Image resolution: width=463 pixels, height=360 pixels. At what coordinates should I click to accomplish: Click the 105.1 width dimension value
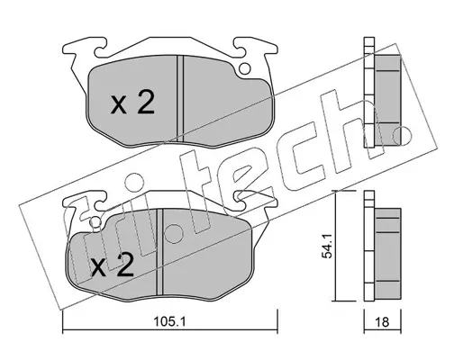pyautogui.click(x=169, y=322)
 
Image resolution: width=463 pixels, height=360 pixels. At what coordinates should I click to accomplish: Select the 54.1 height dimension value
pyautogui.click(x=327, y=247)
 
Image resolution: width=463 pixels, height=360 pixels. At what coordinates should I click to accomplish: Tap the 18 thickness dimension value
pyautogui.click(x=382, y=322)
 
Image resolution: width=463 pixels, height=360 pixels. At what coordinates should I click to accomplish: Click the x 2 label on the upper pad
pyautogui.click(x=132, y=103)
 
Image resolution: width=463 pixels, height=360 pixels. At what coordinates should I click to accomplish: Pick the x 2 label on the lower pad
pyautogui.click(x=113, y=265)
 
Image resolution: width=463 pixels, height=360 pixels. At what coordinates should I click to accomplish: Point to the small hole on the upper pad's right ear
pyautogui.click(x=245, y=69)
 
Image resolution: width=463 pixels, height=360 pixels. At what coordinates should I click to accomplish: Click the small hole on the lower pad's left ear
pyautogui.click(x=95, y=221)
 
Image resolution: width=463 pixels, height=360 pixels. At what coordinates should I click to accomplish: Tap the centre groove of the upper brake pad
pyautogui.click(x=180, y=98)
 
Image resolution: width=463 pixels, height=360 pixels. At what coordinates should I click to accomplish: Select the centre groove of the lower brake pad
pyautogui.click(x=159, y=252)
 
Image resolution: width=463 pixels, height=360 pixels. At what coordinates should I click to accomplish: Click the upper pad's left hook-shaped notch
pyautogui.click(x=100, y=48)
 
